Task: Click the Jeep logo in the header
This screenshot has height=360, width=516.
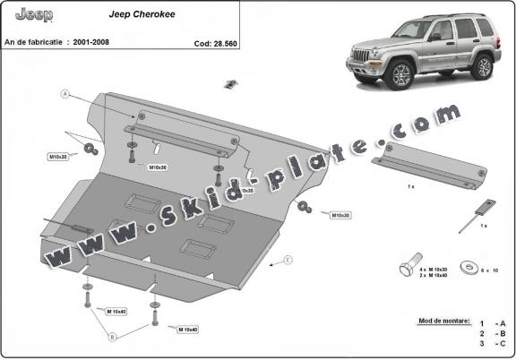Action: [x=34, y=15]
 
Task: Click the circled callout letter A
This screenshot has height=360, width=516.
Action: [x=64, y=94]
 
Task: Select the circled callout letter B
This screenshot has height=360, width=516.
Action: [x=113, y=337]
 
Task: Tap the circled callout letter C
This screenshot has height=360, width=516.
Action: [x=288, y=261]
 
